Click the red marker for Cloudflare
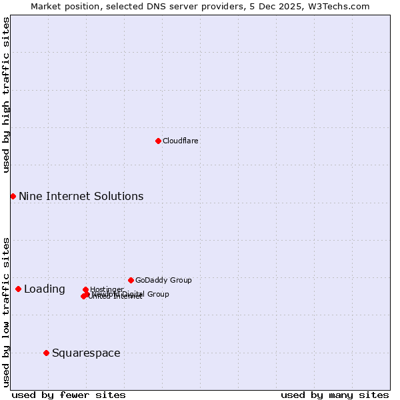[x=158, y=141]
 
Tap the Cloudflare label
[x=180, y=141]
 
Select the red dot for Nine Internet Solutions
[x=13, y=196]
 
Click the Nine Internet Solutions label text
[x=81, y=196]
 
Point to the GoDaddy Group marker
[x=131, y=280]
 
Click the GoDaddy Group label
[x=163, y=280]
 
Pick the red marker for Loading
[x=18, y=289]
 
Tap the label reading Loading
[x=45, y=289]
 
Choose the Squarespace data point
[x=46, y=353]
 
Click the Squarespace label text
[x=86, y=353]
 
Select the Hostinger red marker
[x=85, y=290]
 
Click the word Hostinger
[x=107, y=289]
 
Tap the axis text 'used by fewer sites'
[x=69, y=395]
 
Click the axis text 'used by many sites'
[x=335, y=395]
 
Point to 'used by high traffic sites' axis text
[x=6, y=95]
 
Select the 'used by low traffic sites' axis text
[x=6, y=311]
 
